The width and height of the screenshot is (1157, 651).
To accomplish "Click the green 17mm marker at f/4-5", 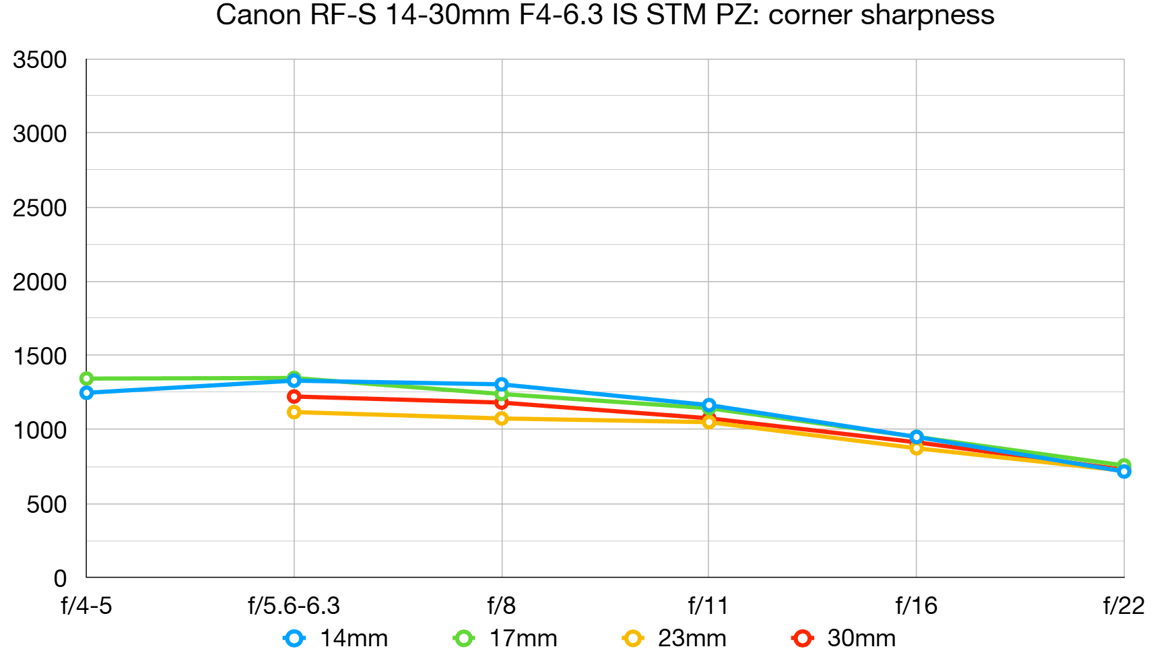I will [86, 379].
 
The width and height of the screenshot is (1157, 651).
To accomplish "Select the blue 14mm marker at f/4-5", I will [86, 392].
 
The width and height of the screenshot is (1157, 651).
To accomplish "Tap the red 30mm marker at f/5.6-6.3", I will [294, 396].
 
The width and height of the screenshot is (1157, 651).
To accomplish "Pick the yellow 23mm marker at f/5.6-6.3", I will [294, 412].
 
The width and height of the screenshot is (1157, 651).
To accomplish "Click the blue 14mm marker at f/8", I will [501, 384].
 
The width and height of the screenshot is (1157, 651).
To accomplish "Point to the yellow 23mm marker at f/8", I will [501, 418].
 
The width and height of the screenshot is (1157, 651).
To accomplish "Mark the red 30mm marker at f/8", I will [501, 402].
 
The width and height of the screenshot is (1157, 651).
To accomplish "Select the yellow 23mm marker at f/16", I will [916, 448].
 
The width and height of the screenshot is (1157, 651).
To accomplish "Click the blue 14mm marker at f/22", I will [1123, 472].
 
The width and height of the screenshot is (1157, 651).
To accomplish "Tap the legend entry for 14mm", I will [337, 638].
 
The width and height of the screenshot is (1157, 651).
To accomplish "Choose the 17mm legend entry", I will [506, 638].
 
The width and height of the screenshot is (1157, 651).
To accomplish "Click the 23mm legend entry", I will [675, 638].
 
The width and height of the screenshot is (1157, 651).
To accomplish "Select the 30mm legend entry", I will [845, 638].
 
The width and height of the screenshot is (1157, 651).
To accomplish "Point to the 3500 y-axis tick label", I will [40, 60].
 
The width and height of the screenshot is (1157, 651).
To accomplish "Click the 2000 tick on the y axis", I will [40, 282].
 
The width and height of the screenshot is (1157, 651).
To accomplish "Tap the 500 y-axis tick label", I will [46, 504].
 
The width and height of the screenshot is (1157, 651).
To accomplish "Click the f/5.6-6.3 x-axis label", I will [294, 606].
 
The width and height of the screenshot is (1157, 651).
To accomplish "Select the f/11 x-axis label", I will [708, 606].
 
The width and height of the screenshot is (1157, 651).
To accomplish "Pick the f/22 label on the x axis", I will [1123, 606].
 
